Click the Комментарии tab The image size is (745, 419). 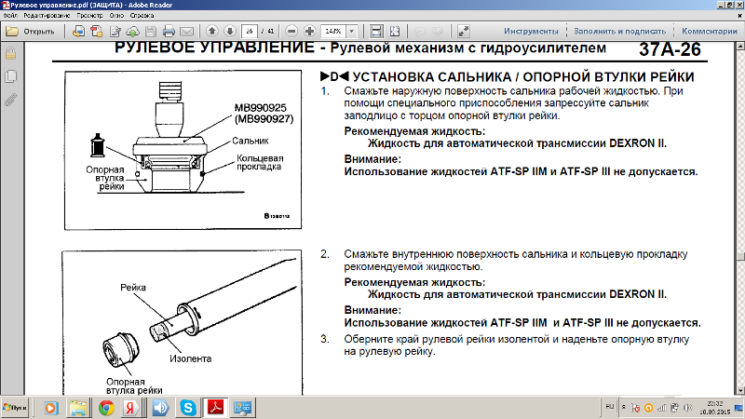[709, 31]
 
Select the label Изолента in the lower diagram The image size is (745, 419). [191, 358]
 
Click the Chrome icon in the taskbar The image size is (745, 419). [106, 408]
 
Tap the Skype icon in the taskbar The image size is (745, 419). [189, 408]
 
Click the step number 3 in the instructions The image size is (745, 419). [324, 340]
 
